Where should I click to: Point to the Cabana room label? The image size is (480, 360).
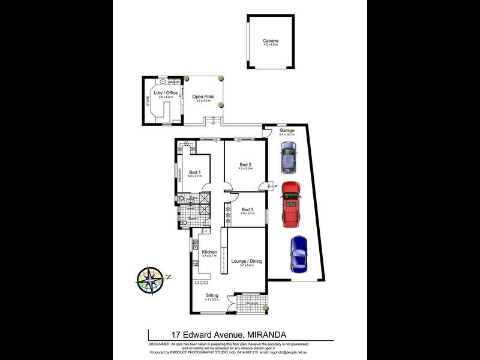(x=271, y=41)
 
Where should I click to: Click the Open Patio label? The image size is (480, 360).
(x=203, y=97)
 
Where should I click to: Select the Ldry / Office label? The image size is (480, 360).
(x=166, y=93)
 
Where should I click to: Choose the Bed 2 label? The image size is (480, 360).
(x=245, y=165)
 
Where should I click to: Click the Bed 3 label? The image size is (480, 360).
(x=247, y=209)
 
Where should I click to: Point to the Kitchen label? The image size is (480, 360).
(x=209, y=251)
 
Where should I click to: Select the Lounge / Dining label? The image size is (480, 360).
(x=246, y=261)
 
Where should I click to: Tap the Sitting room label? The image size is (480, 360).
(x=212, y=295)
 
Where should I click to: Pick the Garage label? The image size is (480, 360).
(x=287, y=130)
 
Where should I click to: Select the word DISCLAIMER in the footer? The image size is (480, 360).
(x=159, y=343)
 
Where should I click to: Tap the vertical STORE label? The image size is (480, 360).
(x=148, y=101)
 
